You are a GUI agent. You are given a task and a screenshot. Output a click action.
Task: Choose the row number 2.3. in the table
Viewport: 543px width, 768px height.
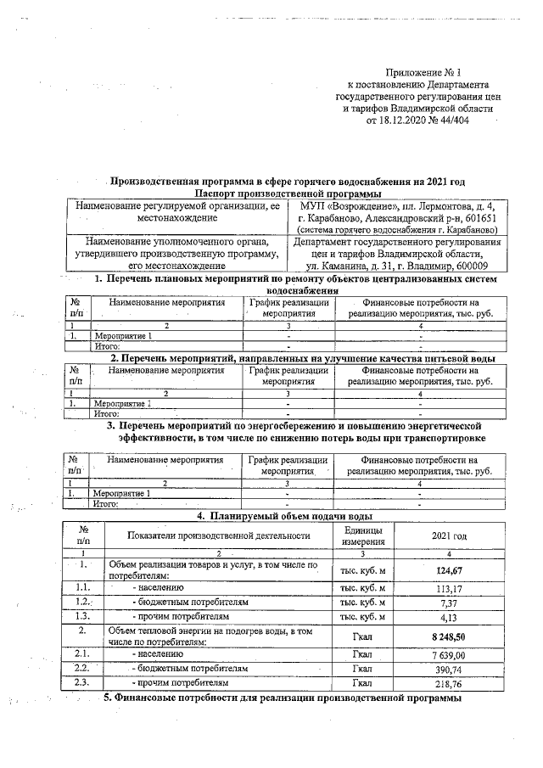pos(82,682)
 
